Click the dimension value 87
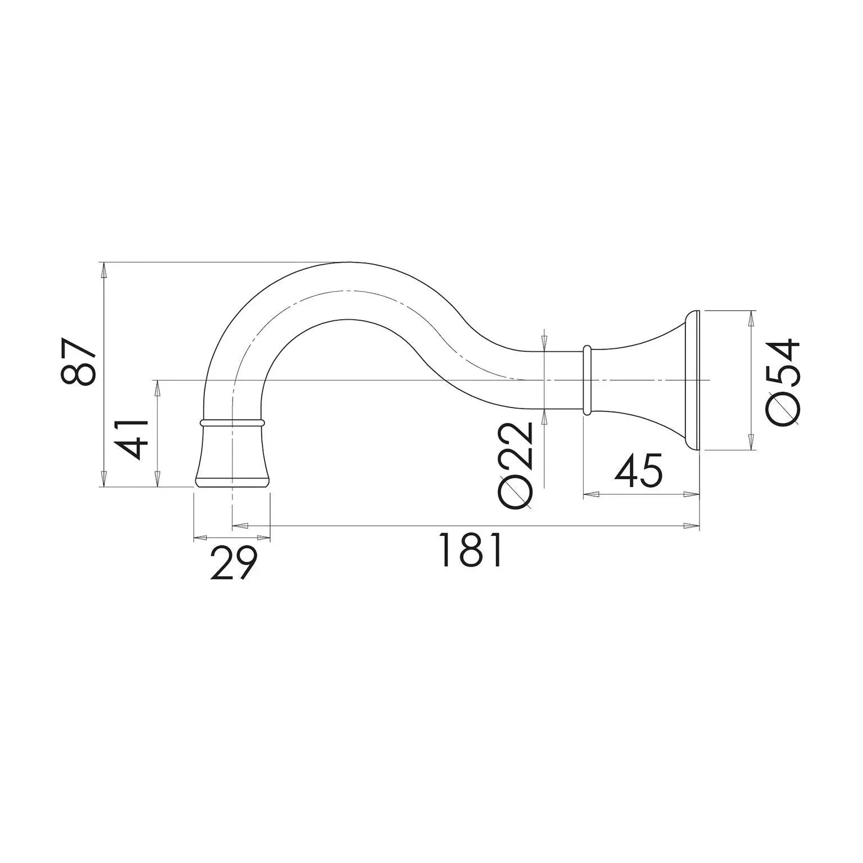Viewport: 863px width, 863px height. (79, 362)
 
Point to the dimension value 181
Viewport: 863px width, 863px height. (470, 550)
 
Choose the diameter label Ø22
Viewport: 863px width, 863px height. (515, 466)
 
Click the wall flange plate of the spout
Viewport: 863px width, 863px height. (692, 380)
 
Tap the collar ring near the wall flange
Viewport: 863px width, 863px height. (587, 380)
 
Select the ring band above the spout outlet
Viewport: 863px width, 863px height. (231, 421)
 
